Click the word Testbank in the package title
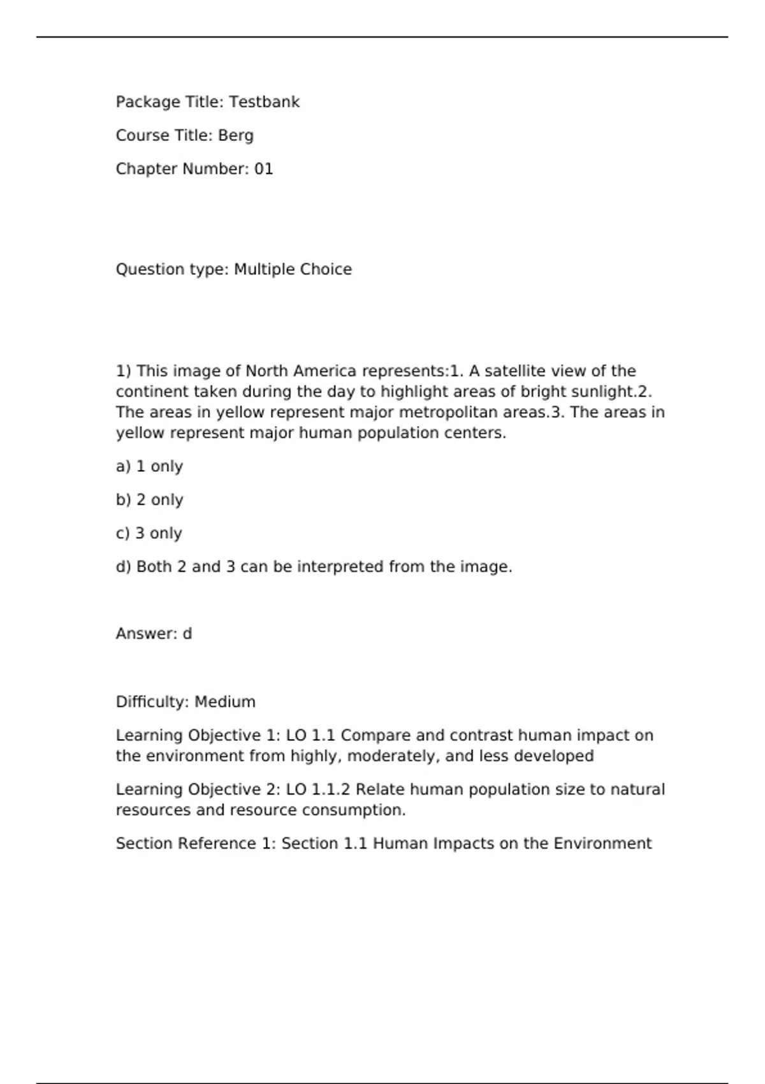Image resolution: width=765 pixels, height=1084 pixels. tap(264, 102)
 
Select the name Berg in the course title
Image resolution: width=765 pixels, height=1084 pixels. tap(235, 136)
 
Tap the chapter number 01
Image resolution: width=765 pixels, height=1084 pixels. tap(263, 169)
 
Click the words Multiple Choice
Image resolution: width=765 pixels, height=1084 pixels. tap(293, 269)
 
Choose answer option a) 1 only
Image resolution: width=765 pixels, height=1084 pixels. tap(149, 467)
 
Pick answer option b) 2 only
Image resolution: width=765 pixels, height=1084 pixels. tap(149, 500)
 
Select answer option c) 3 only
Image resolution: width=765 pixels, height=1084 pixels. tap(149, 533)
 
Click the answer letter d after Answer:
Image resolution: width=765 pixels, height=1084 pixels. tap(187, 634)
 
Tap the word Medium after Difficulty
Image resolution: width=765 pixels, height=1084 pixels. tap(225, 702)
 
